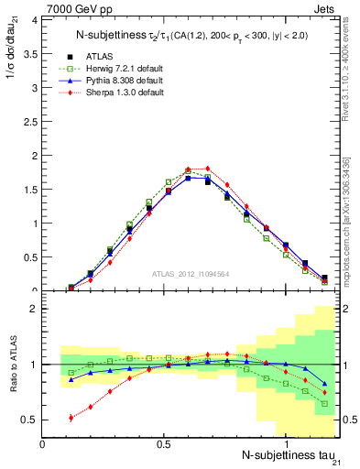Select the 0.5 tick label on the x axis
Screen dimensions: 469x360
[x=165, y=443]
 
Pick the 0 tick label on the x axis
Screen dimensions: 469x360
[x=43, y=443]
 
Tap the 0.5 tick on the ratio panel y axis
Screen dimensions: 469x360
[x=31, y=420]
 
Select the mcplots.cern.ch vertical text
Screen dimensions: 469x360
[x=352, y=229]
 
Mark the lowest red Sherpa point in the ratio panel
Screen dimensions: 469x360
[x=71, y=418]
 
